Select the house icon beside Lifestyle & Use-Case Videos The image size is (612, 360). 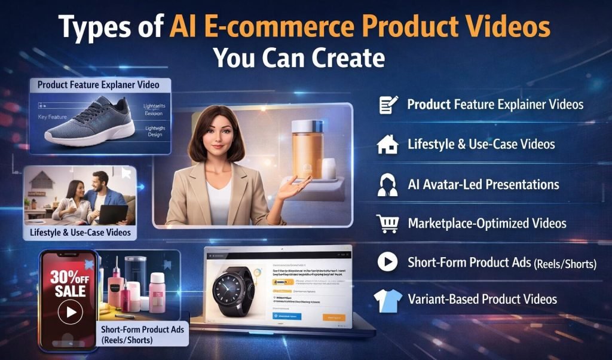(x=388, y=144)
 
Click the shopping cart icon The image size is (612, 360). (x=388, y=224)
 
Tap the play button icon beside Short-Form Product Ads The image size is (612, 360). (x=388, y=261)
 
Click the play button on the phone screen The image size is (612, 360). (x=71, y=312)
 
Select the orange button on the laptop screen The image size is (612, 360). (x=333, y=318)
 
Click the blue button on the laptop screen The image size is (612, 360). (x=286, y=317)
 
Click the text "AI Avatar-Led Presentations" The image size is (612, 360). (x=483, y=184)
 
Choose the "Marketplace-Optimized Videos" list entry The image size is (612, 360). (x=486, y=224)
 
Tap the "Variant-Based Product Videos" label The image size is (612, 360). (x=482, y=299)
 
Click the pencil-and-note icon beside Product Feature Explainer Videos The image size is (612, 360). (x=388, y=105)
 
